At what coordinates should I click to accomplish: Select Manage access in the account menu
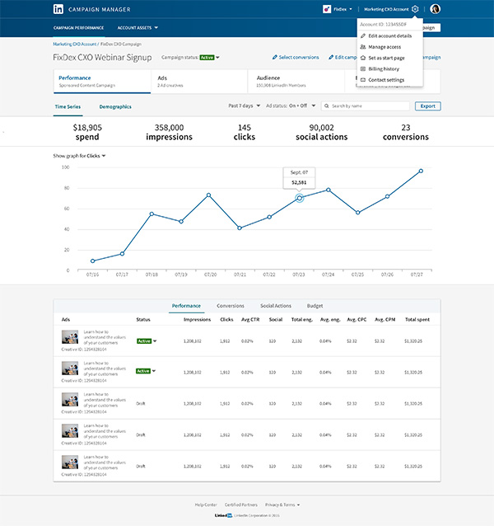[x=384, y=47]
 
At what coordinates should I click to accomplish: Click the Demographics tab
[x=115, y=107]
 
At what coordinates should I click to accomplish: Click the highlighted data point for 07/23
[x=300, y=198]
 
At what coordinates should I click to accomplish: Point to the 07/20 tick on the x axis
[x=210, y=275]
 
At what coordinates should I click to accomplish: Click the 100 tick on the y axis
[x=65, y=167]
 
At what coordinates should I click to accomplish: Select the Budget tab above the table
[x=315, y=306]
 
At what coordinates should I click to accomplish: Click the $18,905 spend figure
[x=87, y=128]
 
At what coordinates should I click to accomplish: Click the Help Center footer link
[x=206, y=504]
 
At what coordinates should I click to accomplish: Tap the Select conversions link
[x=296, y=58]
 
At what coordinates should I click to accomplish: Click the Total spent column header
[x=417, y=319]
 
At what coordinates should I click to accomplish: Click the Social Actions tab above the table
[x=276, y=306]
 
